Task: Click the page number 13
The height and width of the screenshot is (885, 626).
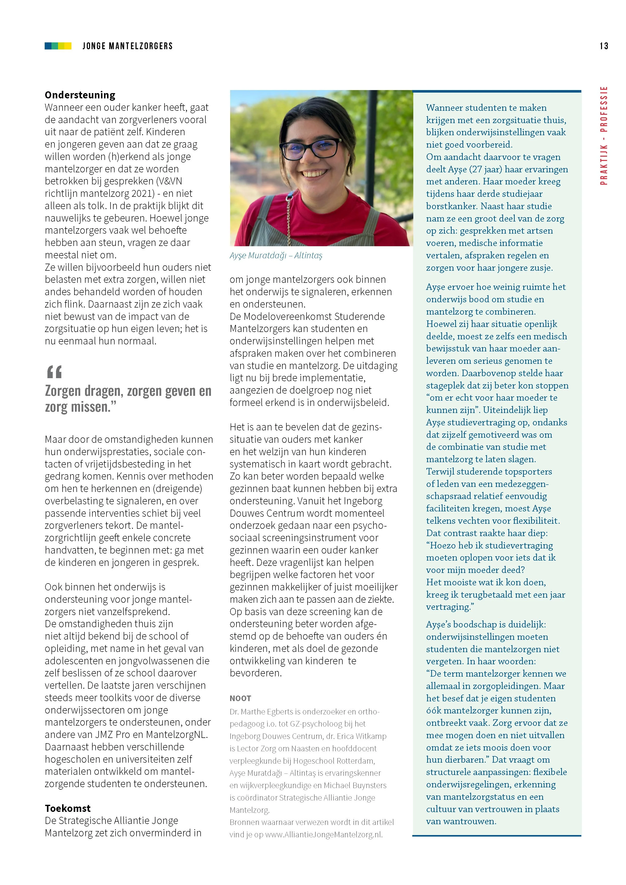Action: pos(604,46)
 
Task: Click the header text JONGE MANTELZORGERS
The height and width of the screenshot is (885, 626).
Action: pos(128,46)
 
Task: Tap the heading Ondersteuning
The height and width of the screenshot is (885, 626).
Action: pos(80,95)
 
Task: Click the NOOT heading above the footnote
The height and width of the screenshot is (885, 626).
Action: pos(240,698)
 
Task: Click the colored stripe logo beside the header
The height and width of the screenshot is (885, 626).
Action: pos(58,46)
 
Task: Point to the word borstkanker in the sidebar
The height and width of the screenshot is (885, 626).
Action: pos(451,206)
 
